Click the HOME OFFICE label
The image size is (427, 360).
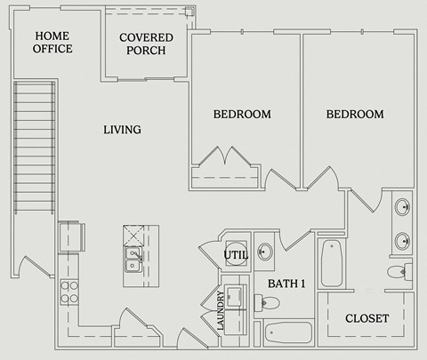pos(53,42)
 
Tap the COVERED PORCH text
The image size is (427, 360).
pos(146,44)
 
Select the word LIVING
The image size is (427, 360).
pos(122,130)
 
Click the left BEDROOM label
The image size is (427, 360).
pos(241,115)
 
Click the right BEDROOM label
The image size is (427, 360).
pos(354,115)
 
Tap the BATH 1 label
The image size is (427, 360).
pos(286,284)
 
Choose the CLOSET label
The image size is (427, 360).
pos(367,318)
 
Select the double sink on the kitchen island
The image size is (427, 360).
pos(133,260)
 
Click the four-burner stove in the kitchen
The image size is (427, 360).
pos(69,292)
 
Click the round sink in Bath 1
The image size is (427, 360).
pos(264,251)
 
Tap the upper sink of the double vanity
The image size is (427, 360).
pos(403,209)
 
